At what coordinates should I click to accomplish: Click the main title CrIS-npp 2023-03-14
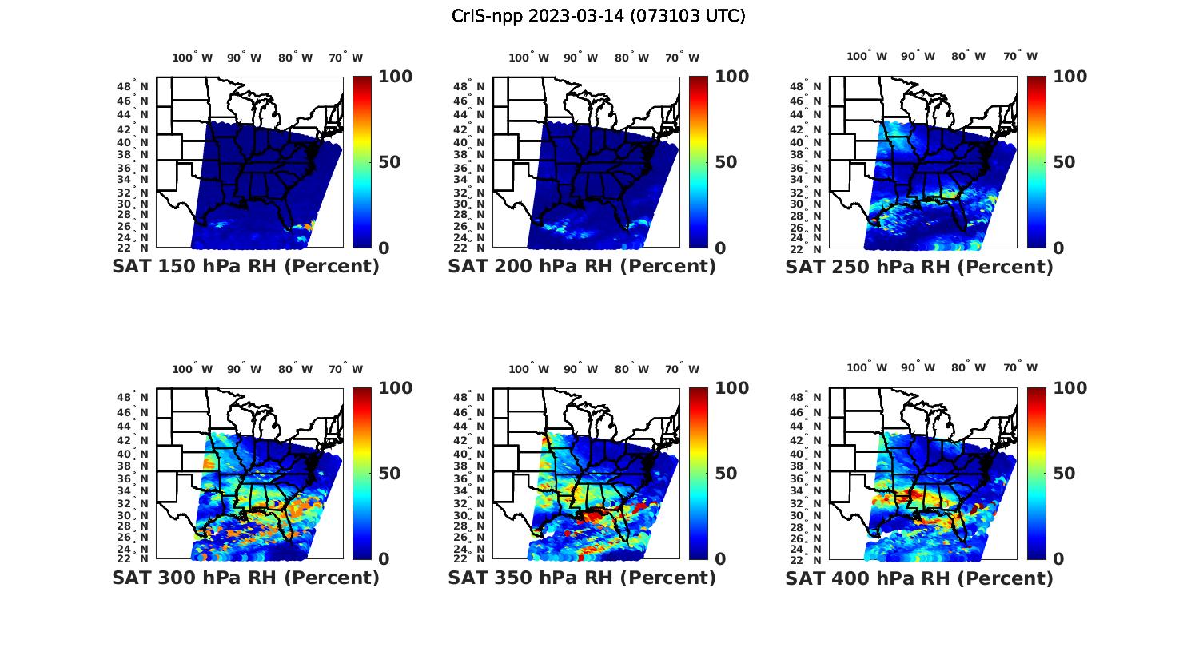click(599, 16)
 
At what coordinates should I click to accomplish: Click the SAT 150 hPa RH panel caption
click(245, 266)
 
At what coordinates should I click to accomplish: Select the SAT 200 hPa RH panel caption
click(582, 266)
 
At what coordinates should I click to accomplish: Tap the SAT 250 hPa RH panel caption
click(919, 266)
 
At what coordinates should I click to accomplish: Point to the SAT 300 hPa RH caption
click(245, 577)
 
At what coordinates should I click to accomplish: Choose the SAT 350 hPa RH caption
click(582, 577)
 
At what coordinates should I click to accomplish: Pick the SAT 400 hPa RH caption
click(919, 577)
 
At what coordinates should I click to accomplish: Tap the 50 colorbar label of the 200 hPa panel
click(726, 162)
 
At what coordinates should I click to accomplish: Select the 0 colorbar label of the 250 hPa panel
click(1058, 248)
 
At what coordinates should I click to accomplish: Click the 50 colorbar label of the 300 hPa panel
click(389, 473)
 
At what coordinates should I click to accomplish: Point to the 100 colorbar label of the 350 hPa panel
click(731, 388)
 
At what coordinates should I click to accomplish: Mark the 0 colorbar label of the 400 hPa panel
click(1058, 558)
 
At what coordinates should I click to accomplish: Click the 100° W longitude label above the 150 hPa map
click(193, 58)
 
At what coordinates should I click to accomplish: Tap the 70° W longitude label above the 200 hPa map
click(682, 58)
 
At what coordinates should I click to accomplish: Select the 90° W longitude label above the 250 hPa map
click(918, 56)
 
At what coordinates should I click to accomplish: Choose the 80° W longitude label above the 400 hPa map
click(968, 367)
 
